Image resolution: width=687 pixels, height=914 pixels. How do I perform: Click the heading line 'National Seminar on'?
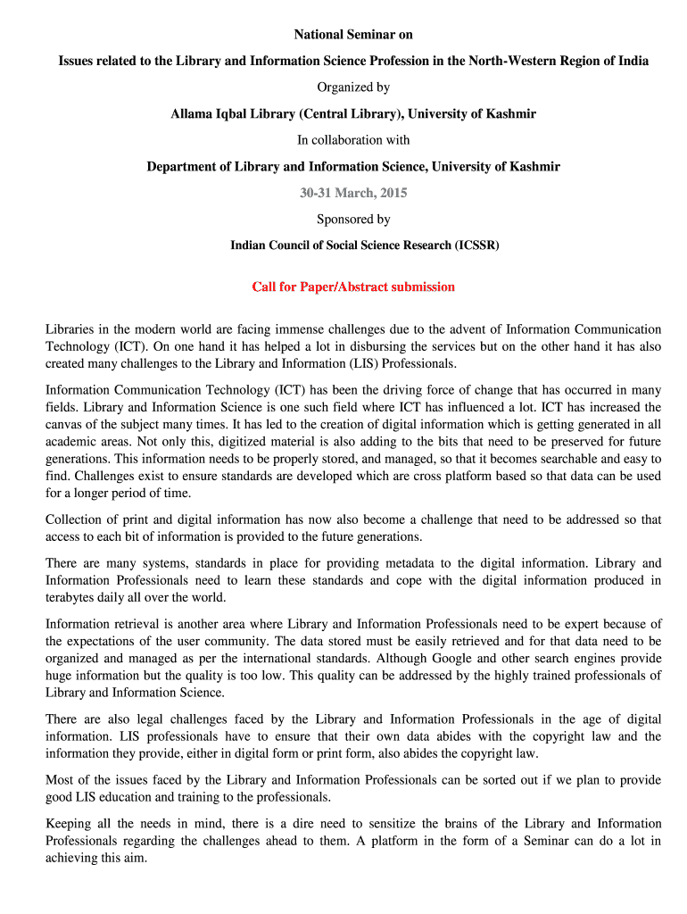coord(353,35)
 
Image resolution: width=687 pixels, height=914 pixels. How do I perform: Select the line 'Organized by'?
coord(353,87)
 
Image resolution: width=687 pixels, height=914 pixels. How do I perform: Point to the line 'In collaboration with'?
coord(353,140)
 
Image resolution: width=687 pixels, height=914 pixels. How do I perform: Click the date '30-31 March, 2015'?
coord(353,193)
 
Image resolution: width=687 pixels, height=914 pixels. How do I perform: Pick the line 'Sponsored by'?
coord(353,219)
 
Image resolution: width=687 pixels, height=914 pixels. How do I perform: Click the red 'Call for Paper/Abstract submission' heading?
coord(353,287)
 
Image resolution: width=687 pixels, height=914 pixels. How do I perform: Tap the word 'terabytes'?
coord(72,597)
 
